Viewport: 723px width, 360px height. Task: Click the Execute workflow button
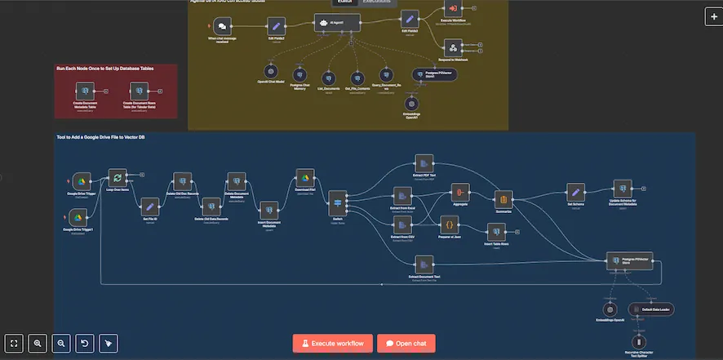(333, 343)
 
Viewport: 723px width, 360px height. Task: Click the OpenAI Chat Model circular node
(272, 72)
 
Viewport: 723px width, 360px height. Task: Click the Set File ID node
(149, 207)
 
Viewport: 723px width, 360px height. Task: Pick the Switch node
(338, 201)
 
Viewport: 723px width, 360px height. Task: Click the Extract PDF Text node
(424, 162)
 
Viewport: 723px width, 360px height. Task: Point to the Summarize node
(503, 198)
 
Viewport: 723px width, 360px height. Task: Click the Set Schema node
(575, 191)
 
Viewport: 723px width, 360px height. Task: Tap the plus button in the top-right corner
(711, 17)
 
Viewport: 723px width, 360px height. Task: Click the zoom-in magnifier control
(38, 344)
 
